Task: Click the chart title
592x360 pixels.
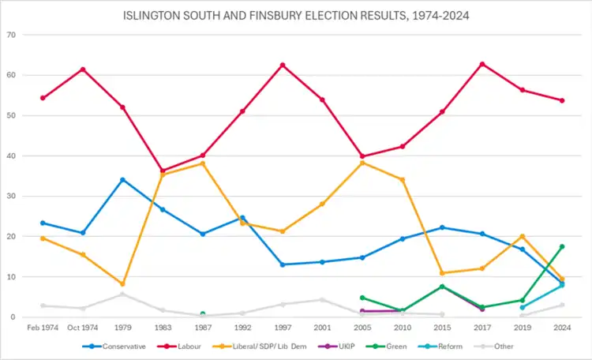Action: (x=295, y=15)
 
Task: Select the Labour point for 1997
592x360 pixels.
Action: (x=282, y=65)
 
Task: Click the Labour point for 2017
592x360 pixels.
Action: (x=481, y=64)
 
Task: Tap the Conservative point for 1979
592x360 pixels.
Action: (x=122, y=179)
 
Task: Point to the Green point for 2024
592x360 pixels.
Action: (x=562, y=246)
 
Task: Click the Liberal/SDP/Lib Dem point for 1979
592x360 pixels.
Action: (x=122, y=284)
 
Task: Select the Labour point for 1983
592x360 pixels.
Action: (x=163, y=171)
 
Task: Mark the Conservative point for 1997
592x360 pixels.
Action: (x=282, y=264)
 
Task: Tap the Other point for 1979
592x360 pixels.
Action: (x=122, y=294)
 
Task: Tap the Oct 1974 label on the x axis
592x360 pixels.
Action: (x=82, y=328)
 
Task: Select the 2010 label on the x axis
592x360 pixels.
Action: (x=402, y=328)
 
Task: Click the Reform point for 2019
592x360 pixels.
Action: (x=522, y=308)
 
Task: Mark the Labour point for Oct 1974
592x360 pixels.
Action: (x=82, y=69)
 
